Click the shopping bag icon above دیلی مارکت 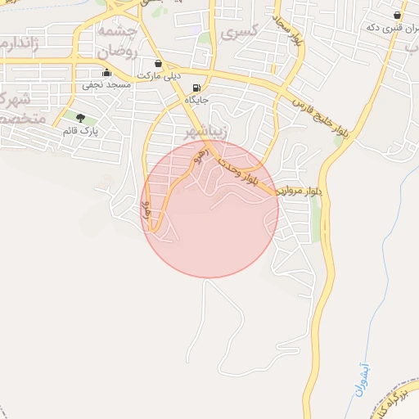pos(158,62)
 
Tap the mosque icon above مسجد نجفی pos(106,71)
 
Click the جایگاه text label pos(196,100)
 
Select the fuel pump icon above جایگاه pos(196,88)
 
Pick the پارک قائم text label pos(79,130)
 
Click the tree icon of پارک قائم pos(79,118)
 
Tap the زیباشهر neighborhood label pos(201,131)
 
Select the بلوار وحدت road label pos(237,173)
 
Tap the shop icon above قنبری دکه pos(398,15)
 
